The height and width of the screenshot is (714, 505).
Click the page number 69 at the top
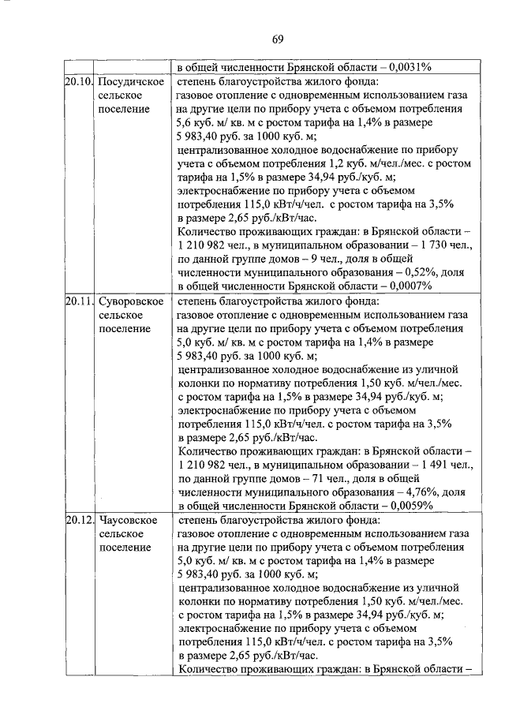[278, 39]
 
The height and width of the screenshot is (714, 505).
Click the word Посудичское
[132, 82]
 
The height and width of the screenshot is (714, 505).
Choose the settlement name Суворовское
[132, 301]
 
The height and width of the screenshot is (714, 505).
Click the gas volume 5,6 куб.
[194, 122]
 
